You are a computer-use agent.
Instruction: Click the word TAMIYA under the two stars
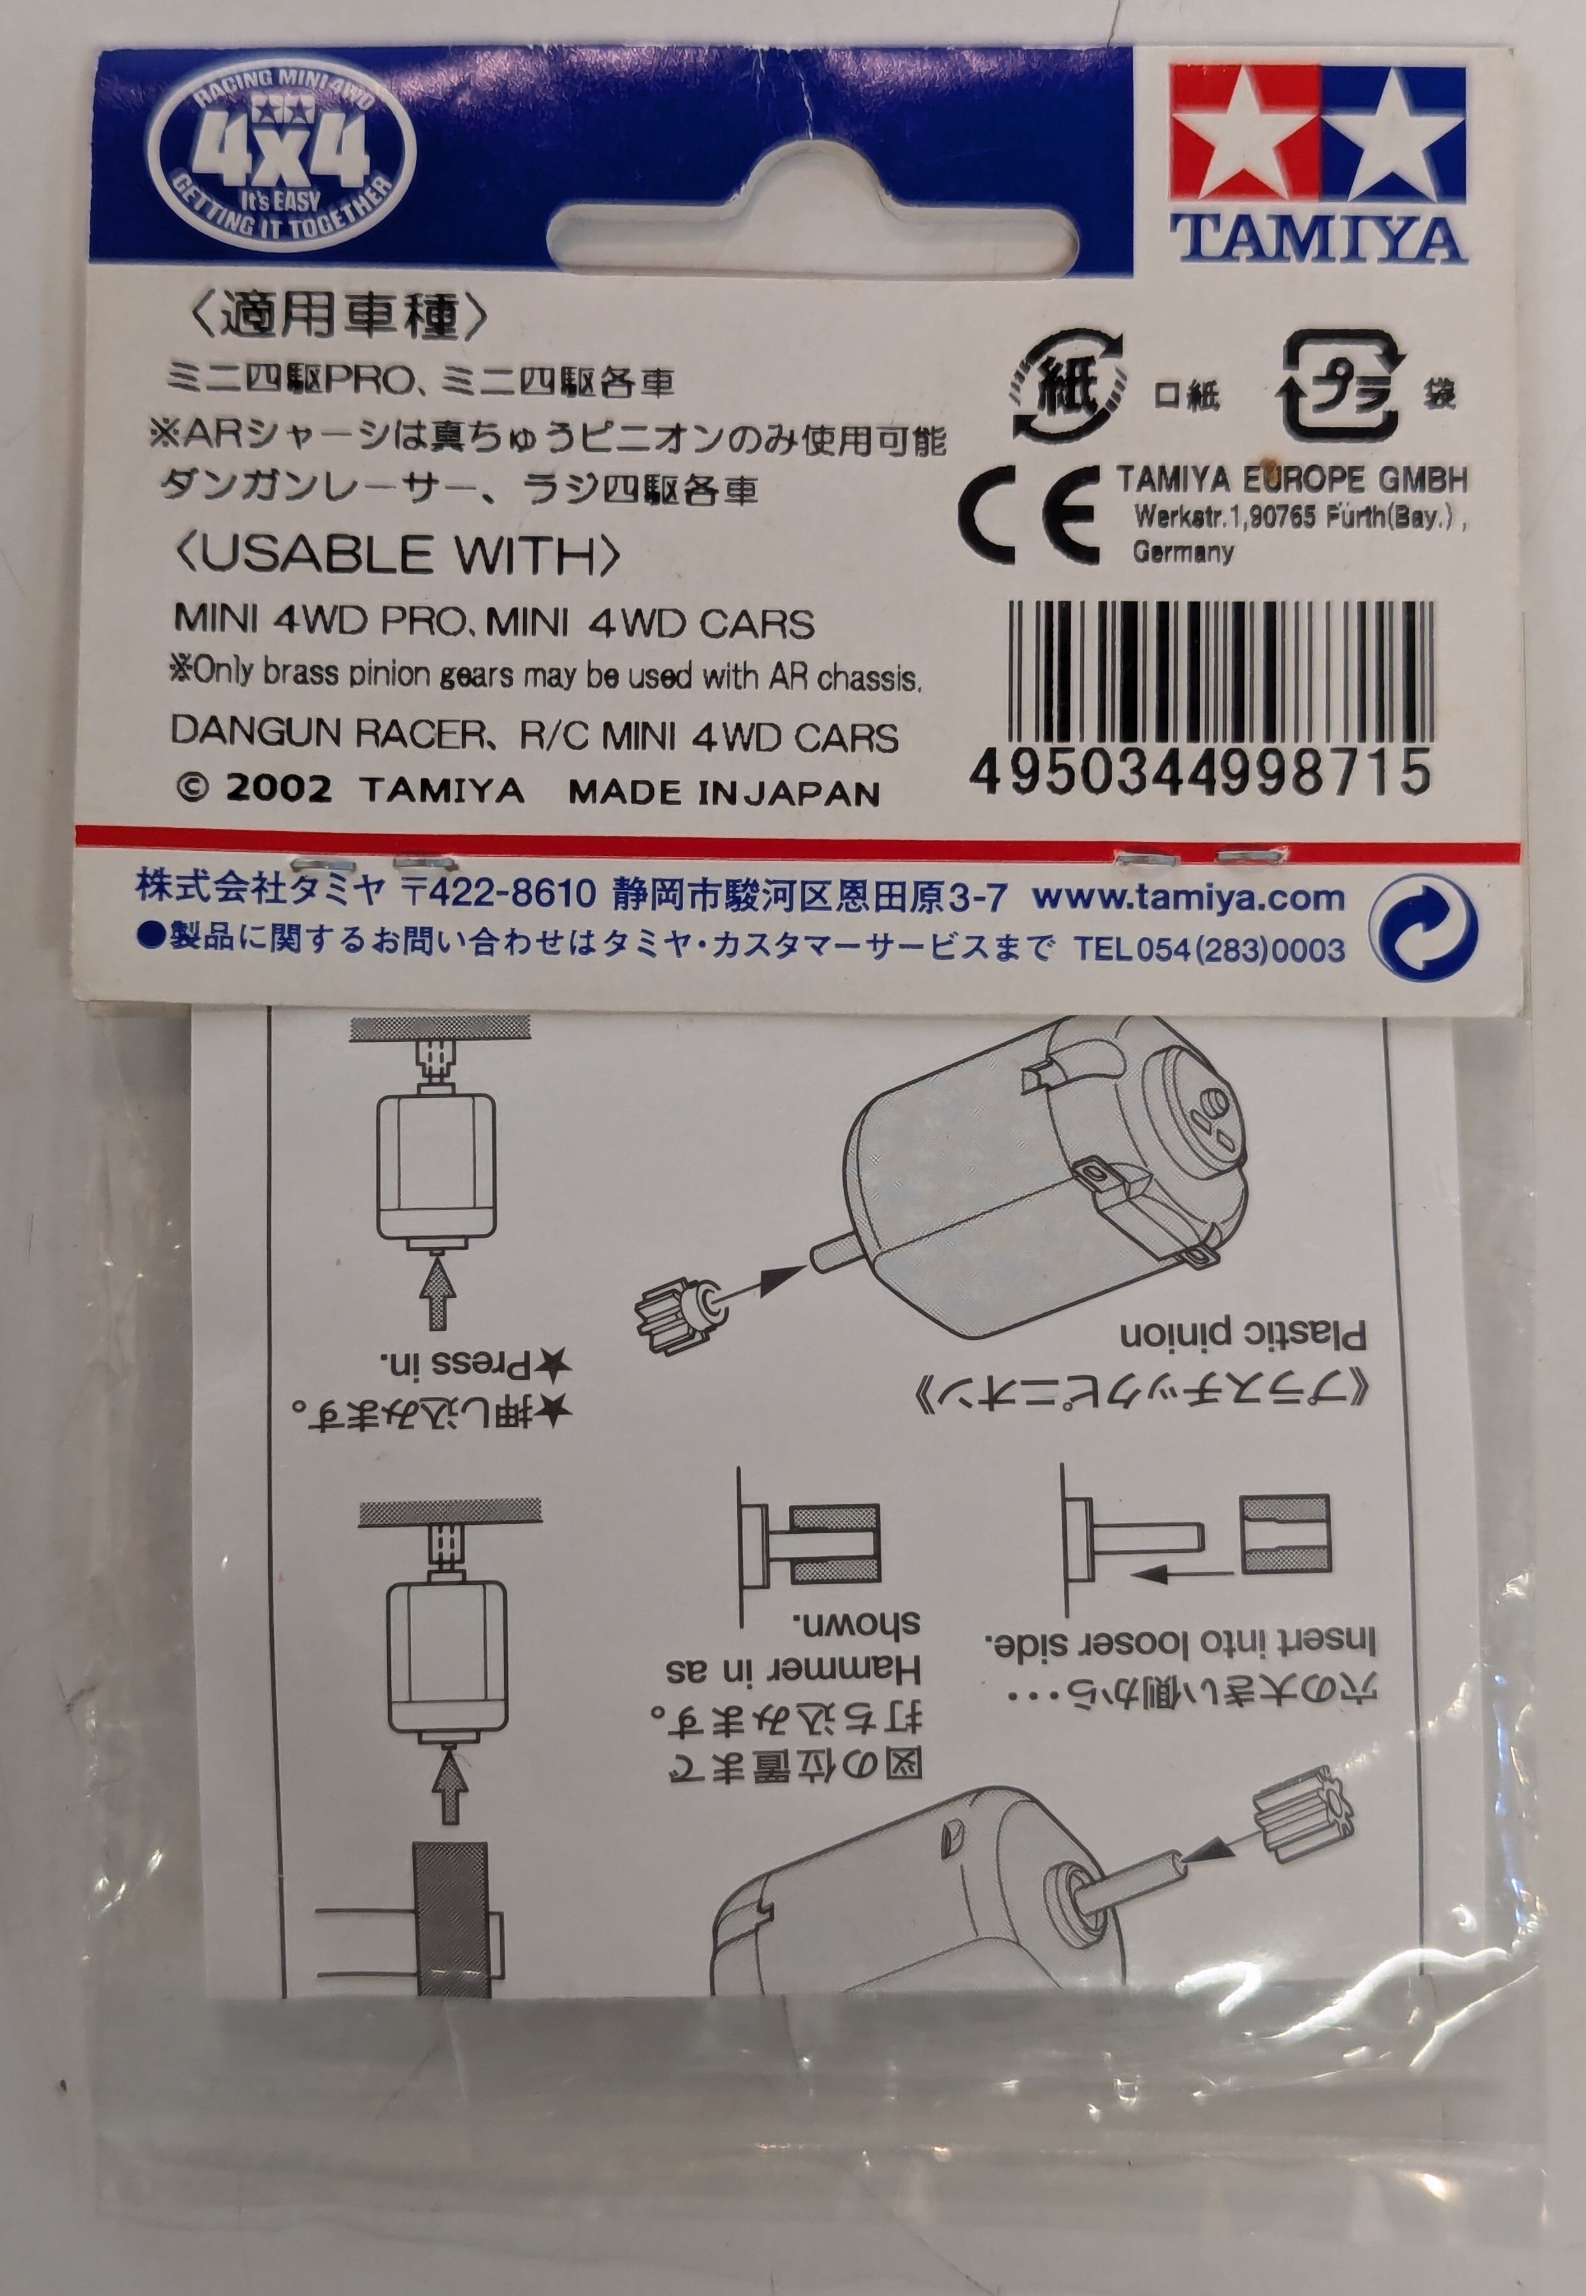click(1318, 238)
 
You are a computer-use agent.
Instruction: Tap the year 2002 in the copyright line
click(279, 789)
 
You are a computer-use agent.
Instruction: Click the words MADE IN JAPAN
click(723, 793)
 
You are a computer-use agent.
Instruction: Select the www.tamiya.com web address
click(1188, 897)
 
